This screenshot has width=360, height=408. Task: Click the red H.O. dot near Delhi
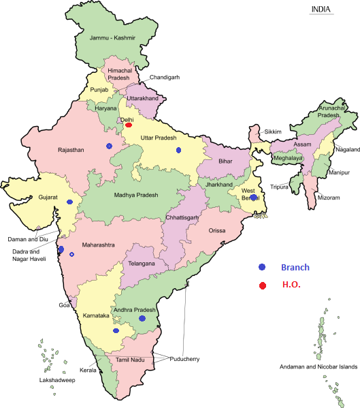(x=129, y=125)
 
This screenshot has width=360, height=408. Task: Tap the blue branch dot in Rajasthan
(x=109, y=146)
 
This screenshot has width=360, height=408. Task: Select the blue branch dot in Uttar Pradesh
(x=178, y=150)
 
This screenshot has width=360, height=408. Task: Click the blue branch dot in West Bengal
(x=253, y=198)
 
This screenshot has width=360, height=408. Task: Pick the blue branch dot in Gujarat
(x=69, y=202)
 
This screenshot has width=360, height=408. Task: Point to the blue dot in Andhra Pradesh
(x=142, y=318)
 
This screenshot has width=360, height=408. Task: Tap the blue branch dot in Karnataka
(x=116, y=330)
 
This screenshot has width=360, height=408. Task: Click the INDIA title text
(x=321, y=9)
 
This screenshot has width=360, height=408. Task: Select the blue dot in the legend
(x=262, y=267)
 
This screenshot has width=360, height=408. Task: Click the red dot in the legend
(x=262, y=285)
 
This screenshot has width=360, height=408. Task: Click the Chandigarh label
(x=166, y=78)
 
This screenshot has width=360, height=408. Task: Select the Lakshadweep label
(x=56, y=379)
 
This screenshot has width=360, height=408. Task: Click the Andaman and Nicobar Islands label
(x=318, y=367)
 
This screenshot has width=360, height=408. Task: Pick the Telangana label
(x=142, y=263)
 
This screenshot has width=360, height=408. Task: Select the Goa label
(x=65, y=304)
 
